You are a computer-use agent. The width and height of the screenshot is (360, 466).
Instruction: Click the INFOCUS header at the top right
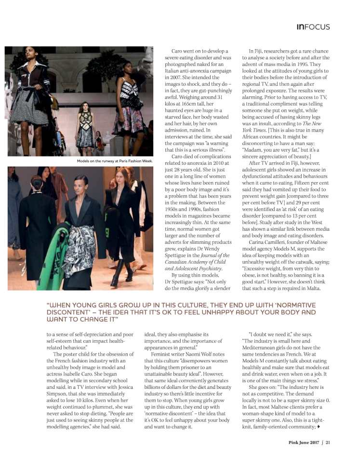tap(313, 27)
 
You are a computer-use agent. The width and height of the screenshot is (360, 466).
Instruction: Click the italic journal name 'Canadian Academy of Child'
tap(188, 262)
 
